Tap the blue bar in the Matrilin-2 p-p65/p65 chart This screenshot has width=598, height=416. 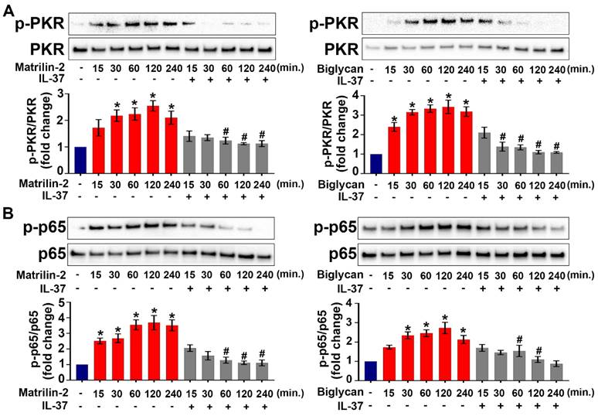[x=81, y=376]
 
